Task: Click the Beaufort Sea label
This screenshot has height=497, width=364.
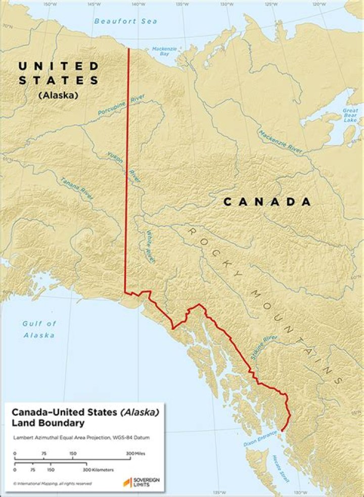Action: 125,21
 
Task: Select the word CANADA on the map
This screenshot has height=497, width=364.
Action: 267,202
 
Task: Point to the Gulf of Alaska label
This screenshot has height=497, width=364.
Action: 39,329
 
